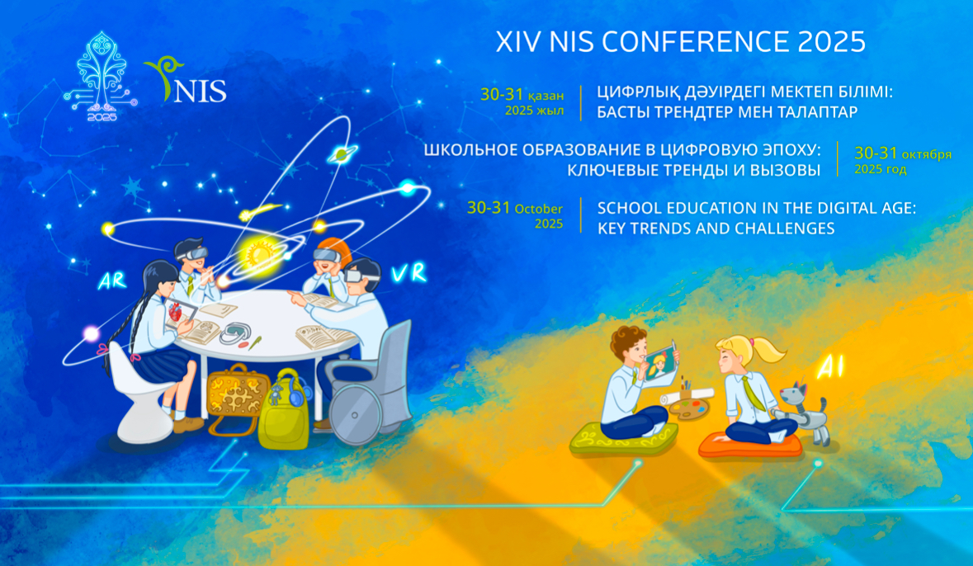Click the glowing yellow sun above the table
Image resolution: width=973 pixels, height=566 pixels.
tap(256, 253)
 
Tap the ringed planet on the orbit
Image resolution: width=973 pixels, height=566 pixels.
tap(342, 153)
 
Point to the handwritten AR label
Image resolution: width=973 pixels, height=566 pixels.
tap(112, 281)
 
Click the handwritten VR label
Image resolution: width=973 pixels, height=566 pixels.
tap(409, 272)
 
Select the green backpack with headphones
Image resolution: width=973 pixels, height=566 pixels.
tap(285, 408)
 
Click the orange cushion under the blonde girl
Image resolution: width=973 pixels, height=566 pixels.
tap(749, 445)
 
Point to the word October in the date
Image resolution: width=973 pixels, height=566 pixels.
tap(539, 209)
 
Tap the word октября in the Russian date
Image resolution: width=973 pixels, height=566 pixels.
tap(927, 154)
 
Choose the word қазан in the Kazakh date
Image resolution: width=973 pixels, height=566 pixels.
tap(546, 97)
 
